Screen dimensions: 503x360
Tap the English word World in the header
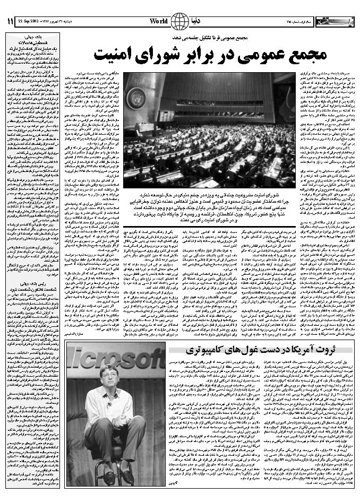pyautogui.click(x=159, y=21)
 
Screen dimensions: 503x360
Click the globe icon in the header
pyautogui.click(x=180, y=21)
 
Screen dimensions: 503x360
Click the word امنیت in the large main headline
pyautogui.click(x=114, y=54)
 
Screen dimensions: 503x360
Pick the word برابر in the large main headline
pyautogui.click(x=203, y=54)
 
